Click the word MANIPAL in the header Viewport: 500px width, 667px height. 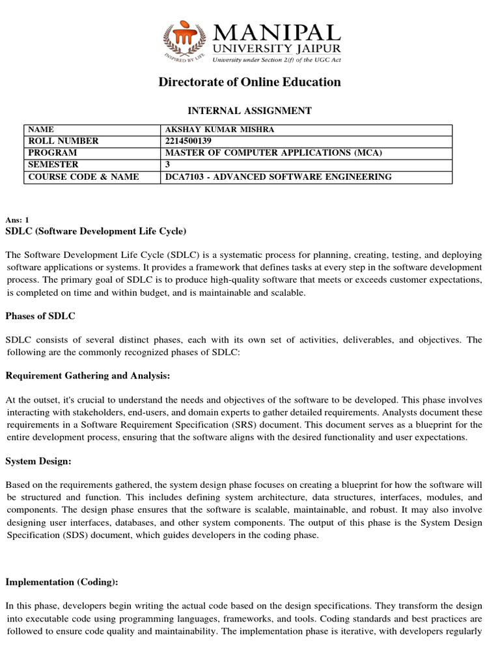pyautogui.click(x=275, y=33)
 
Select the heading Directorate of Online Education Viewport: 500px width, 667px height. pyautogui.click(x=250, y=82)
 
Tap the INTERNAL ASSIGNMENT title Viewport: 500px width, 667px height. pyautogui.click(x=250, y=111)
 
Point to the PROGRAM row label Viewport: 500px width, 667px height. pyautogui.click(x=53, y=153)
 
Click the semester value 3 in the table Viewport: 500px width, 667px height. pyautogui.click(x=169, y=165)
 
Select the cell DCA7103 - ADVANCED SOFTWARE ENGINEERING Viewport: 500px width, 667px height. pyautogui.click(x=279, y=177)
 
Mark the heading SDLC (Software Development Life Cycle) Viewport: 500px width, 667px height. pyautogui.click(x=96, y=231)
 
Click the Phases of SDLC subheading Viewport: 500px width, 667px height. pyautogui.click(x=40, y=316)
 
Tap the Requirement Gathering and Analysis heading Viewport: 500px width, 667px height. pyautogui.click(x=88, y=376)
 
